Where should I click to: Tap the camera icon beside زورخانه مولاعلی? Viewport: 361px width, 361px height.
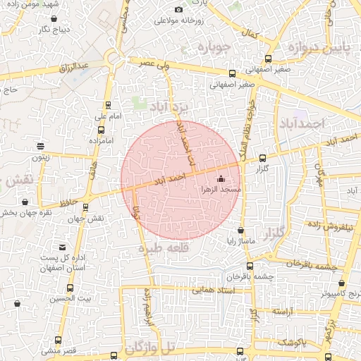178,10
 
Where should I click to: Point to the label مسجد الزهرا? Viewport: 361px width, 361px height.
221,190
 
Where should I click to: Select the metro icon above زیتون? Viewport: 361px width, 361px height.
41,147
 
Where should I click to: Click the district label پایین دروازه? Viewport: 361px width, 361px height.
317,47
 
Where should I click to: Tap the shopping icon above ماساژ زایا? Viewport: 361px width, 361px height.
241,230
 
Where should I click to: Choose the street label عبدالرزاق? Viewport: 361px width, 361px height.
74,66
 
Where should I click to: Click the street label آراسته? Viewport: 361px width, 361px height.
283,311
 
